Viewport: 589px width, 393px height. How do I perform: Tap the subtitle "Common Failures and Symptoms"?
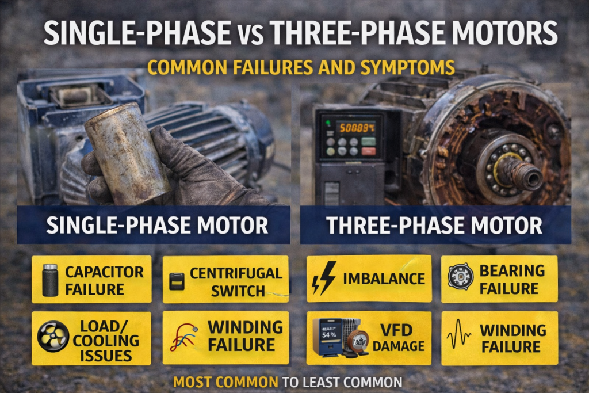click(x=301, y=67)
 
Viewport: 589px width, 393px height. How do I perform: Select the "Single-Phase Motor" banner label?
click(x=157, y=225)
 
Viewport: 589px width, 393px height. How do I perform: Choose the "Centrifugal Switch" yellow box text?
click(x=236, y=281)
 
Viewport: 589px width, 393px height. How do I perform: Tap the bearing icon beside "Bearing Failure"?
click(x=460, y=277)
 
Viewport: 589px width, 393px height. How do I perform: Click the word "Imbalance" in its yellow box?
click(x=383, y=279)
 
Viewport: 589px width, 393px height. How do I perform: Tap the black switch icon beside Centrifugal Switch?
click(x=176, y=280)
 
